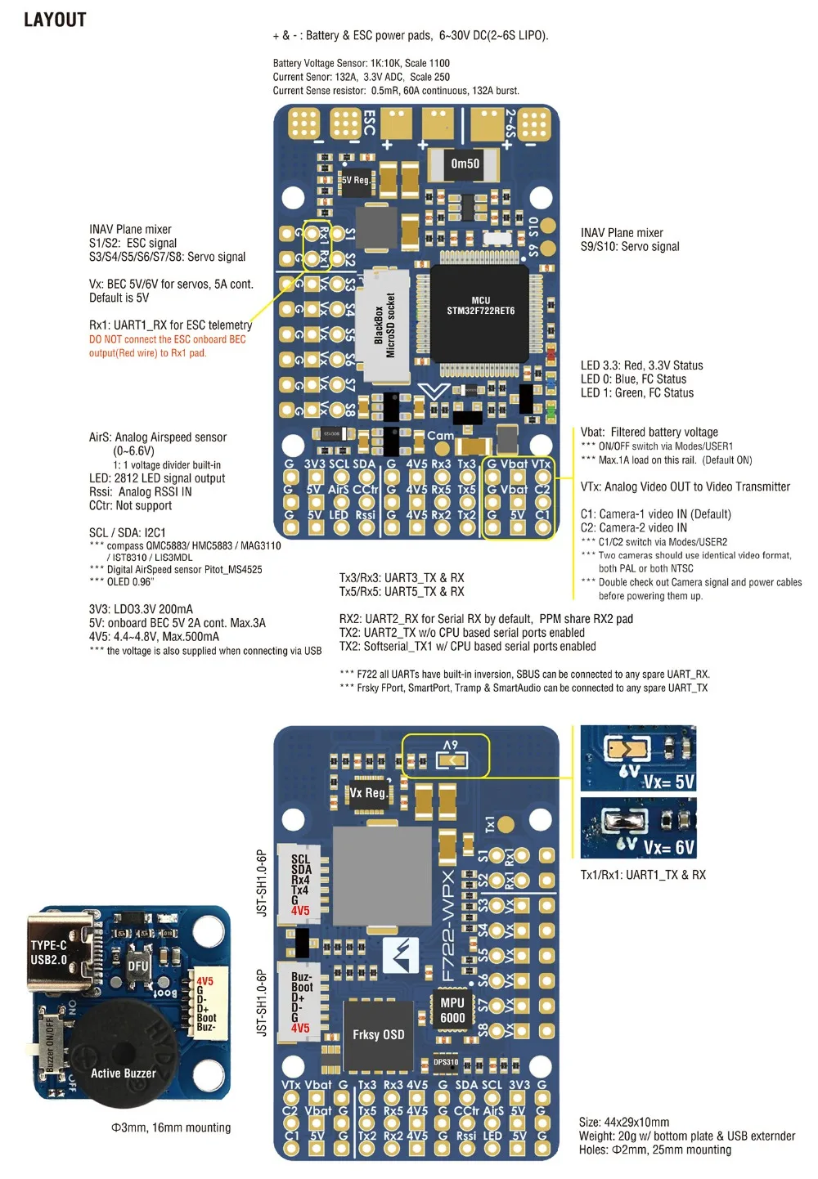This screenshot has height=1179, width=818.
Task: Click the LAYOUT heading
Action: [x=55, y=20]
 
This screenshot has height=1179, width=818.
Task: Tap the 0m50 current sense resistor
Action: [x=465, y=164]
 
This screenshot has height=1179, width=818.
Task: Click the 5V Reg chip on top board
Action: [x=356, y=181]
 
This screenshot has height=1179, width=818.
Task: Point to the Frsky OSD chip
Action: [x=378, y=1035]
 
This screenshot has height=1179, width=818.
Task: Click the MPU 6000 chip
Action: [x=452, y=1011]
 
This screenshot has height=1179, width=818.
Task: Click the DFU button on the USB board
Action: [x=137, y=966]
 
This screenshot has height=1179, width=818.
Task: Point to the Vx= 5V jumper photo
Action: [x=638, y=757]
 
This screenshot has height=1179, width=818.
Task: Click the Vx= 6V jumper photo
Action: [x=638, y=827]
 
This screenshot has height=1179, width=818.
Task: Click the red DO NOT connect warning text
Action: [x=167, y=346]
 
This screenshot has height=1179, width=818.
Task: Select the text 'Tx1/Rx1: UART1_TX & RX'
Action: [x=643, y=875]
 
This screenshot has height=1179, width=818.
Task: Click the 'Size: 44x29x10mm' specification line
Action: [x=624, y=1123]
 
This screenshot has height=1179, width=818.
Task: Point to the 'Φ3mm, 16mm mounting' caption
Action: [x=171, y=1127]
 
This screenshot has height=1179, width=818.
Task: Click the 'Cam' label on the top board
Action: [x=440, y=436]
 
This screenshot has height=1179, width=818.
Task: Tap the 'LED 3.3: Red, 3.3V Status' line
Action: [x=641, y=365]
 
